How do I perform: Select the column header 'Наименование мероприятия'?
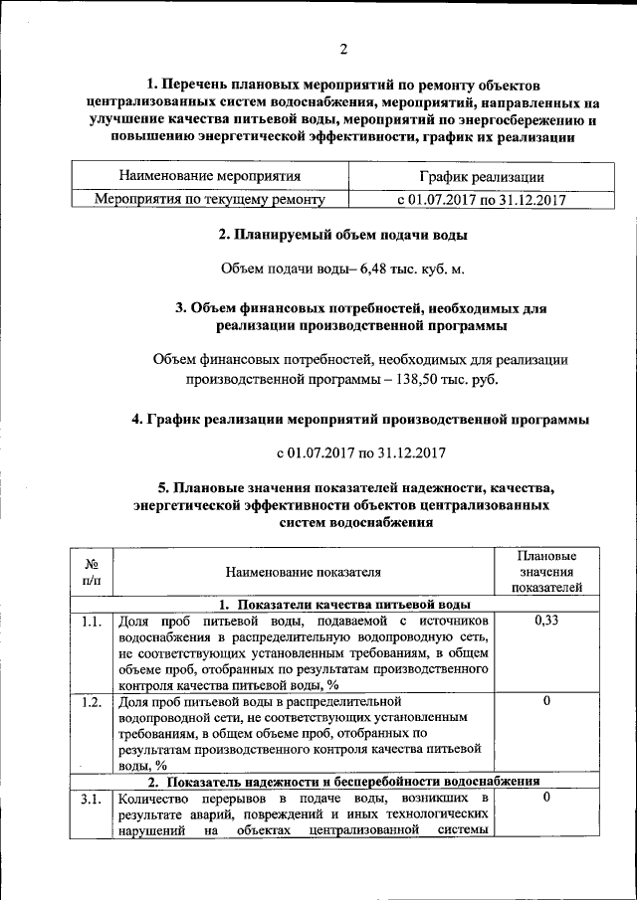point(209,176)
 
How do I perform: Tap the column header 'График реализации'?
point(481,176)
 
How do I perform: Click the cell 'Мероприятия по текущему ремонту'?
point(210,199)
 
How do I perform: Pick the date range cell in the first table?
point(481,199)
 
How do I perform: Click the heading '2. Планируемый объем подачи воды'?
point(343,235)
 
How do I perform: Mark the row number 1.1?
point(92,622)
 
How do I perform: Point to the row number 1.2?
point(92,701)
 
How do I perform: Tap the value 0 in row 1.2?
point(546,701)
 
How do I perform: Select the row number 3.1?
point(92,799)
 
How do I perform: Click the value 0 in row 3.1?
point(546,798)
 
